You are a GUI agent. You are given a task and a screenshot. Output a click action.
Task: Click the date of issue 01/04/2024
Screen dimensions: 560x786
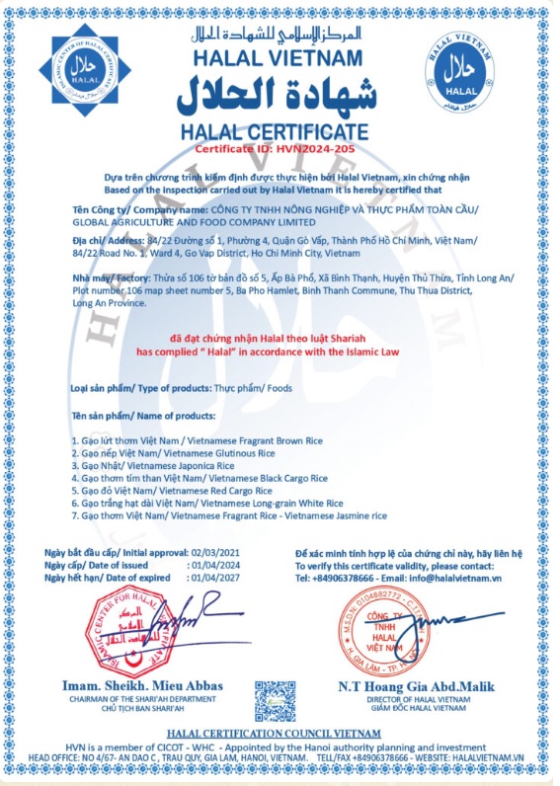pos(217,564)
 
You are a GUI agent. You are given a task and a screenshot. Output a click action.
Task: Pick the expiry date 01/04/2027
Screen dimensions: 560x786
pos(217,578)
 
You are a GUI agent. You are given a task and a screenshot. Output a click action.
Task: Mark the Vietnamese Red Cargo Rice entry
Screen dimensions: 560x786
pos(172,489)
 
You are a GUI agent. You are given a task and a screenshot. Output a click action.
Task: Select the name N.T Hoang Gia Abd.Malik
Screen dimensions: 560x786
pos(417,686)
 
